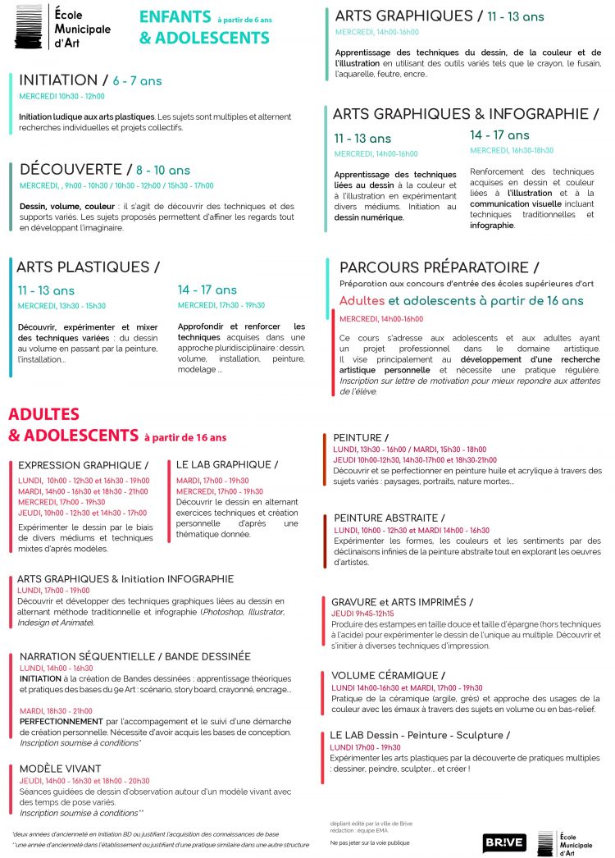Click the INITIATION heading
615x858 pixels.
(58, 80)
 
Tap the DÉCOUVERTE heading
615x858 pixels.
(71, 170)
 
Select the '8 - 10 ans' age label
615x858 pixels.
(163, 171)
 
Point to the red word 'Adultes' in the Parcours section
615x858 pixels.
(362, 301)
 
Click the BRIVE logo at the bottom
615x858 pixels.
(503, 842)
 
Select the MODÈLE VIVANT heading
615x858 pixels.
(61, 769)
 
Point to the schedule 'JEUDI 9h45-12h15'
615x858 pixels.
(362, 614)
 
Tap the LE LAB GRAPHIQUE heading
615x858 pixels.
(225, 465)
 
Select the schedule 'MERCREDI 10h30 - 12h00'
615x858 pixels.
(61, 96)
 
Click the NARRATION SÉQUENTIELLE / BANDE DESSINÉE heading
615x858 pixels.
(135, 656)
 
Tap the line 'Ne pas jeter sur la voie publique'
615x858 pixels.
(370, 843)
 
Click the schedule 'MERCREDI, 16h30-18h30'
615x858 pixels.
(511, 150)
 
